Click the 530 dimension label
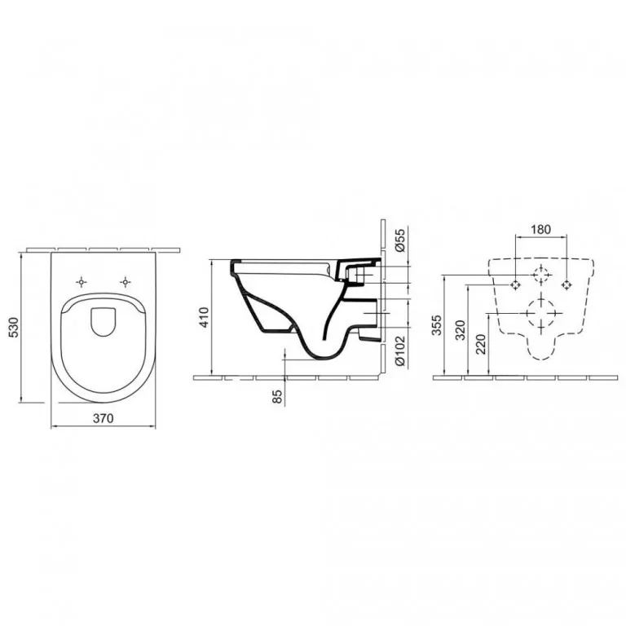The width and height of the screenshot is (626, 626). (14, 328)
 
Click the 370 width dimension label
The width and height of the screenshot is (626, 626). (104, 418)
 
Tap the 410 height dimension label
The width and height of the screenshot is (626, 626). (204, 317)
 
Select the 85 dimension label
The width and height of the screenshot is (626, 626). (277, 395)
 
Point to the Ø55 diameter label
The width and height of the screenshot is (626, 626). (399, 240)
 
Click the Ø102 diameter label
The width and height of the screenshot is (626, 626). (399, 350)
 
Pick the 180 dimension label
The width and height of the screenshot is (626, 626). (541, 230)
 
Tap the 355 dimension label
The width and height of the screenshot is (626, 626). (437, 325)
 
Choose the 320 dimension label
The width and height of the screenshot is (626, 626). (461, 330)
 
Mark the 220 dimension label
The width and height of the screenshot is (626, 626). (482, 344)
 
